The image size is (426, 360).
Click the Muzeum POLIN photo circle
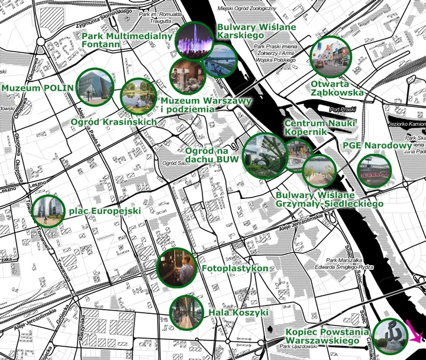(95, 86)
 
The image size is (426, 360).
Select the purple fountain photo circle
(195, 40)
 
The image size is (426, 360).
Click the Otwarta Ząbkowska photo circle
(330, 57)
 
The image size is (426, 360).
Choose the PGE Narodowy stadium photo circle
(375, 171)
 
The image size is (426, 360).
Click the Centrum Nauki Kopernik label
(319, 127)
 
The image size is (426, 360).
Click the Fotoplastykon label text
(235, 269)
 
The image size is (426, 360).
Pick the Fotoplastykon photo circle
(177, 268)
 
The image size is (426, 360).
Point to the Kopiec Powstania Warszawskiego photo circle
(392, 336)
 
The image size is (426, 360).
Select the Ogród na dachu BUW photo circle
(265, 155)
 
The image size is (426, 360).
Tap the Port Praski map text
(342, 110)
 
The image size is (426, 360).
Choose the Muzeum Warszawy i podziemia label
(206, 105)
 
